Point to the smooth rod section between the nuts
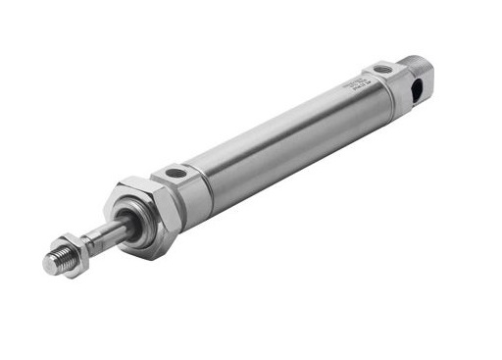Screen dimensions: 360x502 tap(103, 237)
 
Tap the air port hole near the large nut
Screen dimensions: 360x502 tap(175, 174)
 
